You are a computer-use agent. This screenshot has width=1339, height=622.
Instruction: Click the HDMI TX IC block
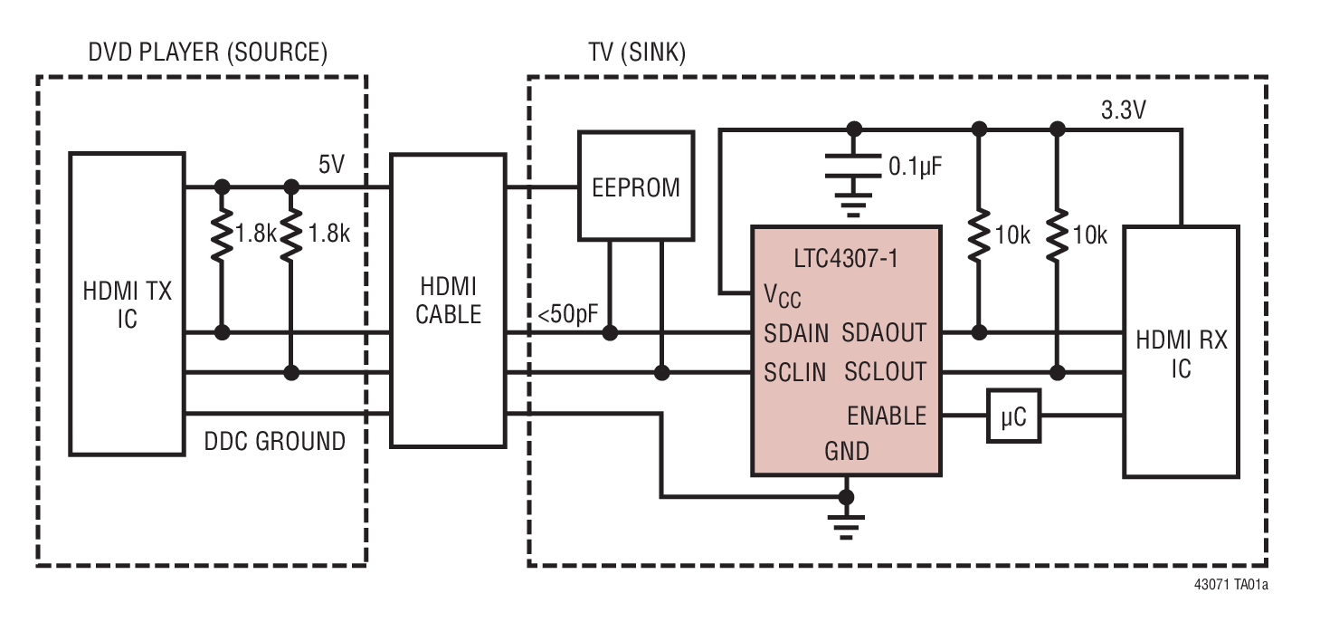tap(128, 303)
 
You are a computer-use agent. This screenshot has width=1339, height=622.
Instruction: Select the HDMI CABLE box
tap(448, 300)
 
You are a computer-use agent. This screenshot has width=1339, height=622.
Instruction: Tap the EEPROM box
tap(636, 186)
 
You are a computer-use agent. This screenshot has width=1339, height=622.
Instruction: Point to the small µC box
tap(1012, 416)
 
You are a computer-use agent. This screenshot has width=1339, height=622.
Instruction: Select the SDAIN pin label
tap(796, 333)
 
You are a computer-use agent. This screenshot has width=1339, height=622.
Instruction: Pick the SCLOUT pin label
tap(885, 371)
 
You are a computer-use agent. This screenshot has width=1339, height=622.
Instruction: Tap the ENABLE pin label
tap(887, 416)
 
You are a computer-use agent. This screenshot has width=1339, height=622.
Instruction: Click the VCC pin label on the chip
tap(781, 295)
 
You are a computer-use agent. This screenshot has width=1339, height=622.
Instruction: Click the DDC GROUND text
tap(274, 441)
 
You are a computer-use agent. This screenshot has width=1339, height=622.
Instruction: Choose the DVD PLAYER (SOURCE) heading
tap(207, 53)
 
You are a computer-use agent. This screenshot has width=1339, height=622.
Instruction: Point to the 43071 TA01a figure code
tap(1230, 585)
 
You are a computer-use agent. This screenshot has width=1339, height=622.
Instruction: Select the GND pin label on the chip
tap(846, 450)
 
